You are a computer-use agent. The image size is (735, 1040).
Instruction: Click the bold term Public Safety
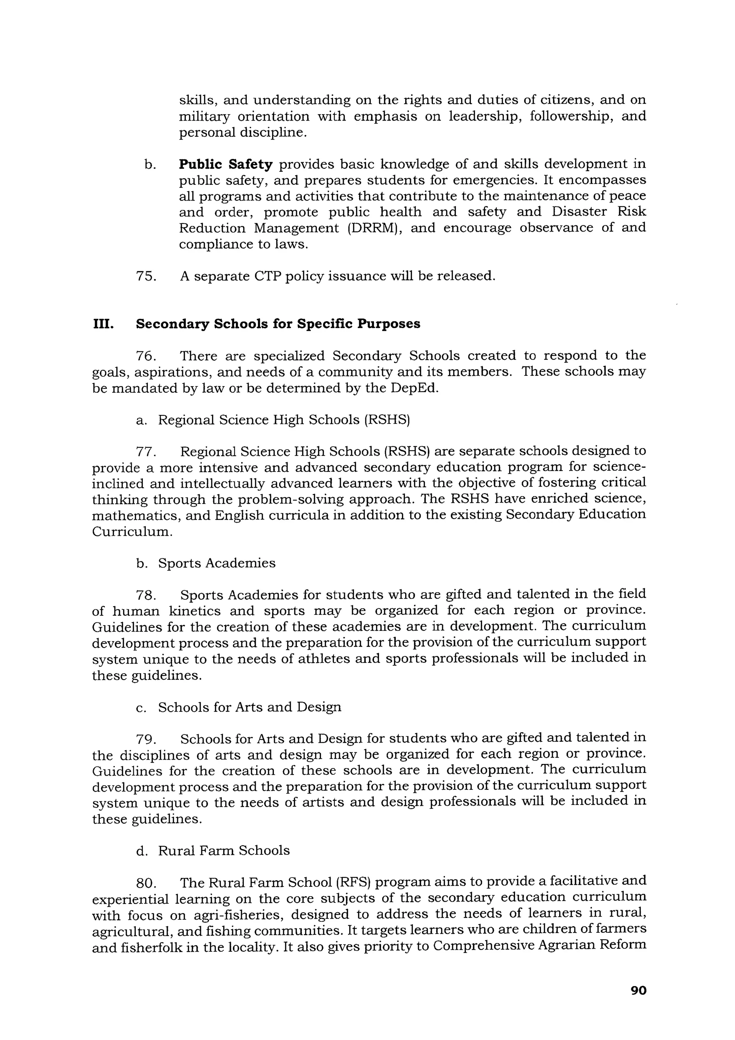[225, 164]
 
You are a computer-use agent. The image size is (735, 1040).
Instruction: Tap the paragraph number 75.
[146, 276]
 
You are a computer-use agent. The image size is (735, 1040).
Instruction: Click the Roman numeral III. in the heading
[103, 324]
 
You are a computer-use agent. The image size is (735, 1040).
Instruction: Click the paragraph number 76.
[146, 356]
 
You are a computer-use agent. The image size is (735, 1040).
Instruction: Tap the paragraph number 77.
[146, 451]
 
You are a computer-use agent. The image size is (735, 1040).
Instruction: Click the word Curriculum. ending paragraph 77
[132, 531]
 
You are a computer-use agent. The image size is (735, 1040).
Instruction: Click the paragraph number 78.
[146, 595]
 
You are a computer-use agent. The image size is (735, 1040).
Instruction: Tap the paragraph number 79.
[146, 739]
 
